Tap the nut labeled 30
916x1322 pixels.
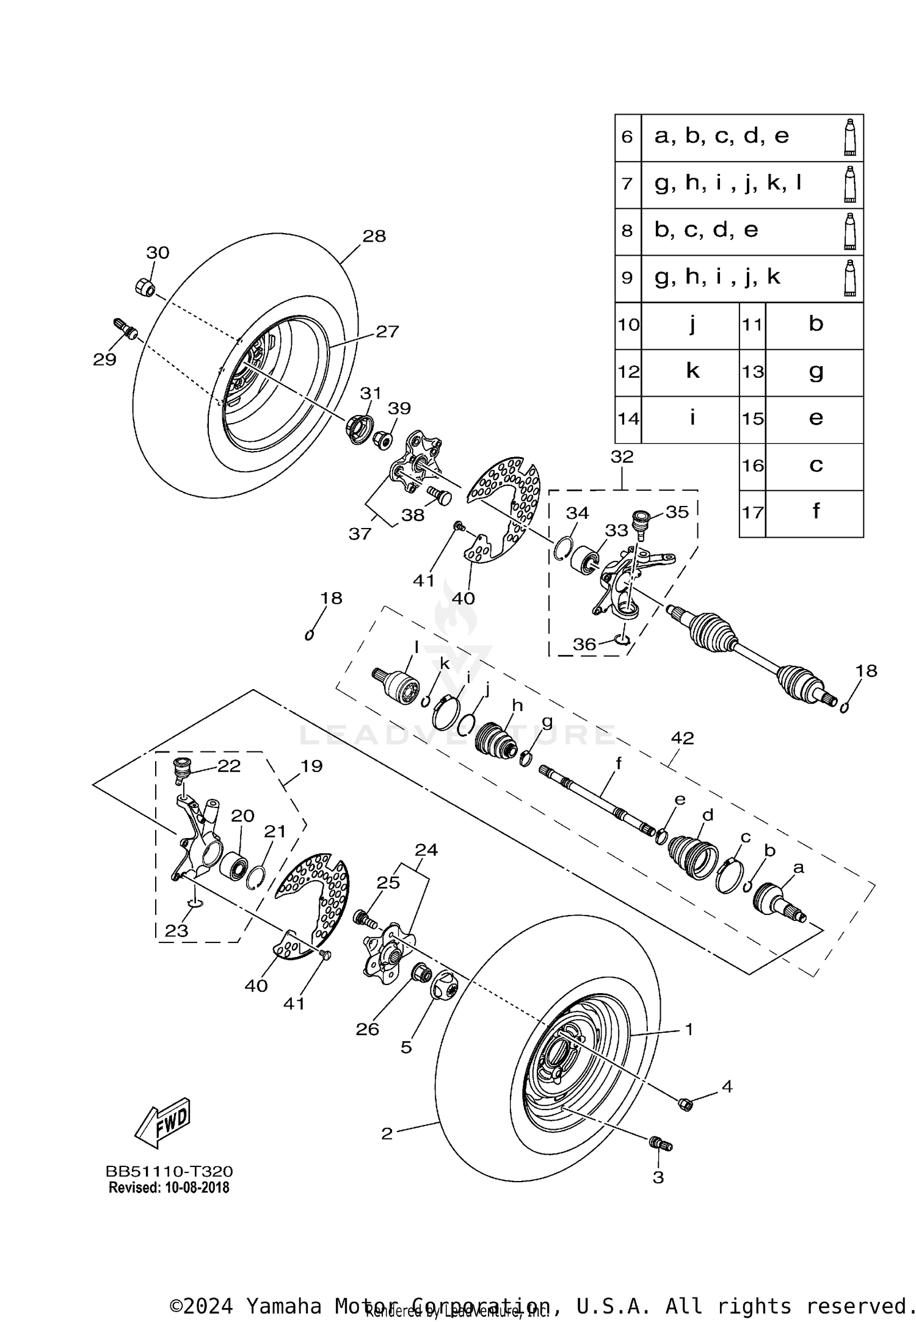(144, 286)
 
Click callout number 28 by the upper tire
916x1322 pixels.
(374, 236)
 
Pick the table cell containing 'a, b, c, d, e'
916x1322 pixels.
(721, 137)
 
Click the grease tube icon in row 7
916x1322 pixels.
(849, 184)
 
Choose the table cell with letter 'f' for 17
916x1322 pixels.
(815, 511)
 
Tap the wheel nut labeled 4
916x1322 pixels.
(685, 1103)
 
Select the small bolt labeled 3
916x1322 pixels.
(661, 1143)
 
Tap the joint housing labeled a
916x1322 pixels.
(777, 900)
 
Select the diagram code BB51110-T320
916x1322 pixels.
(169, 1171)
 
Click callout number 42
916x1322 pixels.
(682, 738)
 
